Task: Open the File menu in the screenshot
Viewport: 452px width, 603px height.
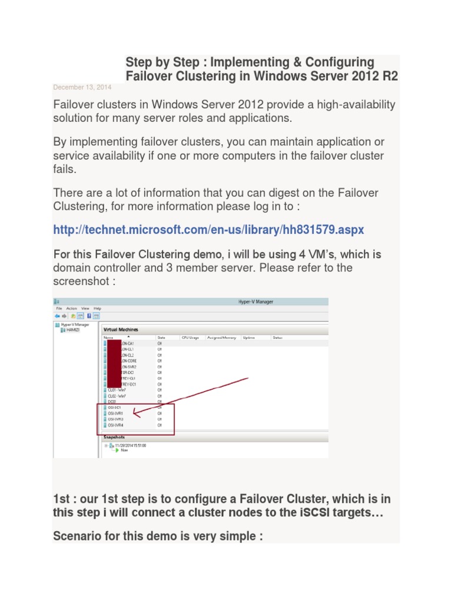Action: pos(59,308)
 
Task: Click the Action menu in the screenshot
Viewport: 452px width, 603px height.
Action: pos(71,308)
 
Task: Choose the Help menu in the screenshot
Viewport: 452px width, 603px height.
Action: pos(98,308)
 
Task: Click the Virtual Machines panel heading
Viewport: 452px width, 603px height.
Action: pos(121,330)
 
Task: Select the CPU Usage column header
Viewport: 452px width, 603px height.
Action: pos(190,338)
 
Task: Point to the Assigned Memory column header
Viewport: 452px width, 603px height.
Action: pos(221,338)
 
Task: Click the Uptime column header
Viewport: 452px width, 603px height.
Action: pos(248,338)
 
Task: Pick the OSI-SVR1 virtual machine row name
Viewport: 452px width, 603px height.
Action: pos(115,413)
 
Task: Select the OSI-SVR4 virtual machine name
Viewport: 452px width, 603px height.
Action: pos(115,425)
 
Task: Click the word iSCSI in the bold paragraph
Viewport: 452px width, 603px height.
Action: pos(313,512)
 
